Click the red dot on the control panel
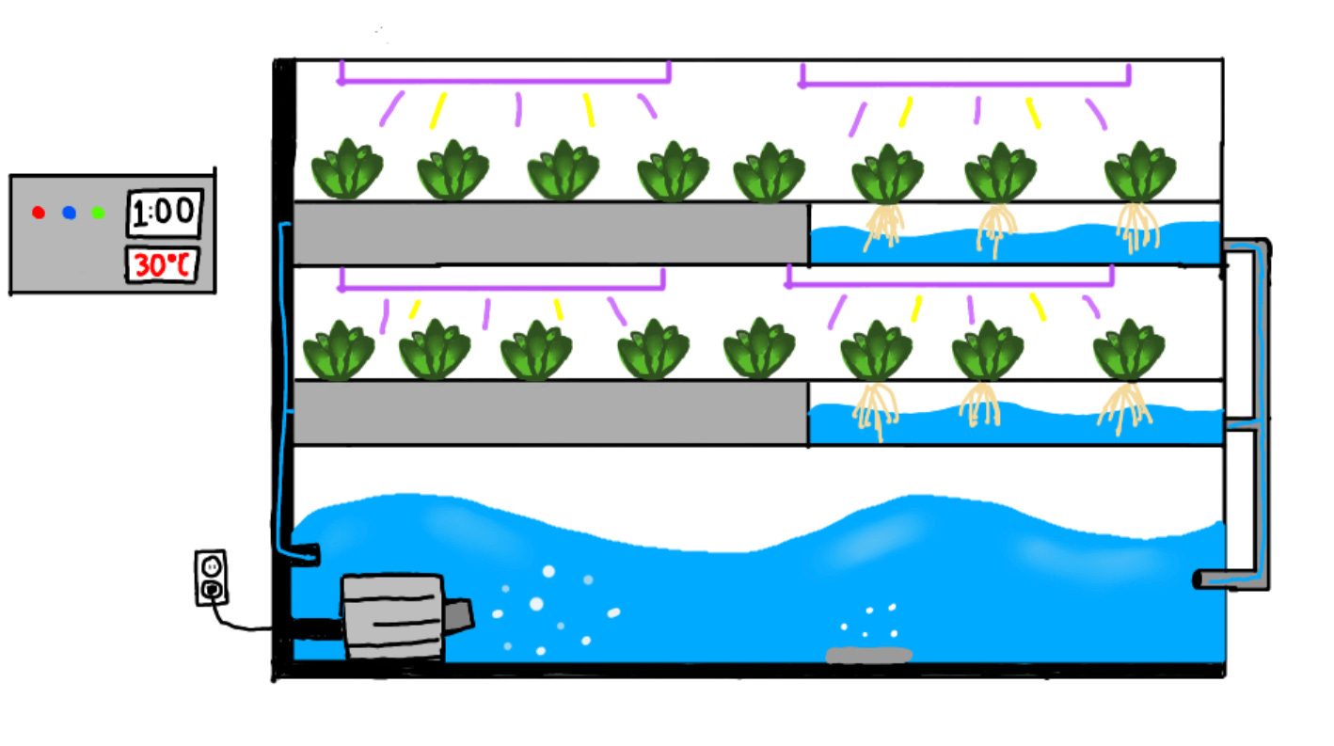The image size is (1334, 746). coord(39,212)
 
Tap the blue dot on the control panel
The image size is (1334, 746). coord(69,213)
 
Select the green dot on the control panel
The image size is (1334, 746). coord(98,213)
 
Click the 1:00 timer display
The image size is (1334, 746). coord(165,214)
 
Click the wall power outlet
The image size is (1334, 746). coord(212,577)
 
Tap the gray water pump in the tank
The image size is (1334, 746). coord(392,616)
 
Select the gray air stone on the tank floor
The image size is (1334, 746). coord(868,655)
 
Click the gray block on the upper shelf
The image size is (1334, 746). coord(550,232)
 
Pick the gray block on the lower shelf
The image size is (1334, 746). coord(550,412)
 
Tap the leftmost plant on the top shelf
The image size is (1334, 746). coord(347,170)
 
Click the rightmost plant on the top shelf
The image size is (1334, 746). coord(1139,171)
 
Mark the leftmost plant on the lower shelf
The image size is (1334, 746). coord(339,349)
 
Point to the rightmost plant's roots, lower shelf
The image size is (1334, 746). coord(1126,408)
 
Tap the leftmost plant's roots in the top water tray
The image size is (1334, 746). coord(882,229)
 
